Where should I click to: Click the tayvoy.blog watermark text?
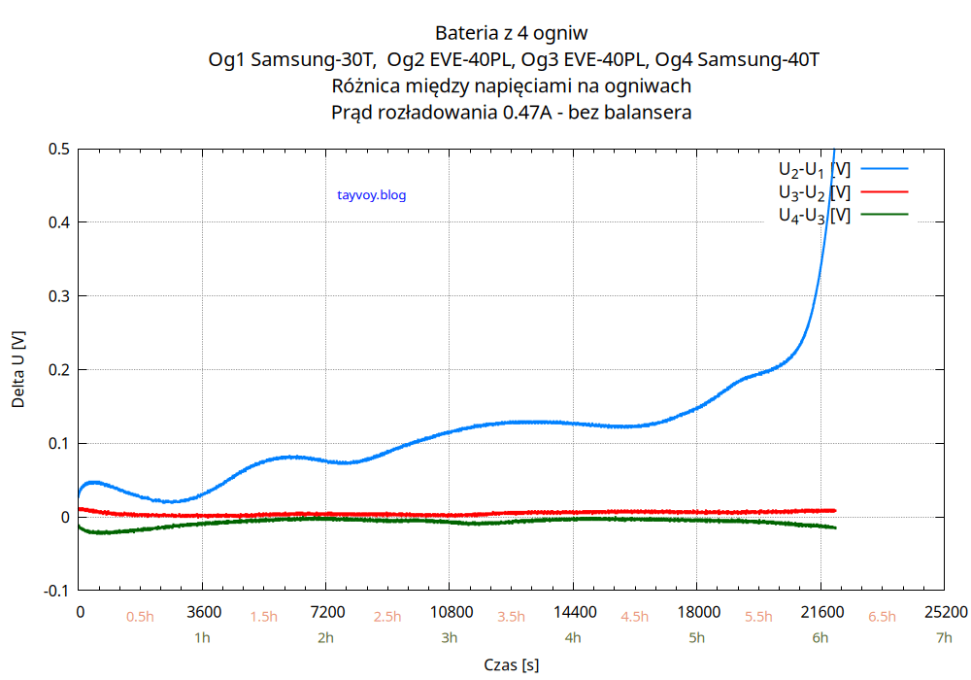click(371, 195)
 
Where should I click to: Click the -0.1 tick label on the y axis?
click(56, 591)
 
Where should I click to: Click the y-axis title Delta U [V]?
click(18, 369)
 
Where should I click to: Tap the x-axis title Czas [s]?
click(511, 664)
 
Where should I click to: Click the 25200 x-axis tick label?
click(945, 612)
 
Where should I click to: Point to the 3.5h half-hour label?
click(511, 617)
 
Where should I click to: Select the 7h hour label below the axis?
click(944, 638)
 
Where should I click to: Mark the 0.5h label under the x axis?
click(140, 617)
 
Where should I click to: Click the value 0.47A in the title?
click(528, 113)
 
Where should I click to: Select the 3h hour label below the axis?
click(450, 638)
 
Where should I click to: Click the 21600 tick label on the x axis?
click(821, 612)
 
